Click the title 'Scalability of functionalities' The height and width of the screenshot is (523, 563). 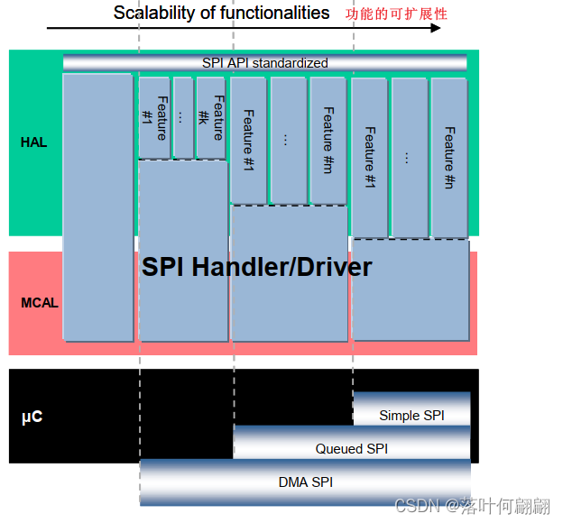point(221,13)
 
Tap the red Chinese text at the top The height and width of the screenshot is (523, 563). point(396,14)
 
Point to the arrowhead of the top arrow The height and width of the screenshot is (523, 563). point(436,28)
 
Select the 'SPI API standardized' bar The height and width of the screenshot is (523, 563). point(264,62)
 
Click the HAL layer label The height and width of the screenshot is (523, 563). point(33,142)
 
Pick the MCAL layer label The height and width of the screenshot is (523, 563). point(40,303)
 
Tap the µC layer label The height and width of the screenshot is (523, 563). point(32,417)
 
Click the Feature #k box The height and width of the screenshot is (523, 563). point(210,117)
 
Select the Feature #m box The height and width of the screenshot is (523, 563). point(328,140)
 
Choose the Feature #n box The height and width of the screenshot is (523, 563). point(448,157)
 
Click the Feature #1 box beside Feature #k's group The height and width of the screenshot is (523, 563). point(154,117)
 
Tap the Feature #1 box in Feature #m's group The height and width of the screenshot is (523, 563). point(248,140)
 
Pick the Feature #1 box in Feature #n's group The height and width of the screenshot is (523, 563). point(369,157)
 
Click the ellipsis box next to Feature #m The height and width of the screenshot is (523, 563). point(288,140)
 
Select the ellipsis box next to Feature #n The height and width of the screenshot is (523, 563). point(409,157)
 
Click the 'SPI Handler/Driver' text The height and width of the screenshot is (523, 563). point(256,267)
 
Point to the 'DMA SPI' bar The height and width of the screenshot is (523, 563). point(305,482)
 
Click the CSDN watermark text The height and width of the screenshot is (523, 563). point(473,505)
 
